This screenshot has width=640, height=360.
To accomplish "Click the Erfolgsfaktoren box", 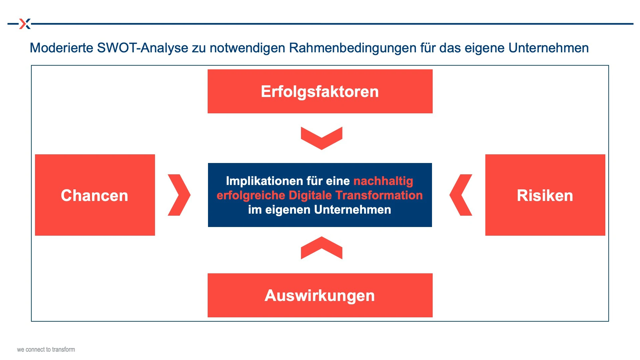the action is tap(320, 91).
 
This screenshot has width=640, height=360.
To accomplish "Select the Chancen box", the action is tap(95, 195).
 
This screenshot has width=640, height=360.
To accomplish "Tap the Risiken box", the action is tap(545, 195).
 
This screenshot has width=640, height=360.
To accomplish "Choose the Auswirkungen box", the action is tap(320, 295).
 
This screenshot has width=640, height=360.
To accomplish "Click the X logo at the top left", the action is tap(25, 24).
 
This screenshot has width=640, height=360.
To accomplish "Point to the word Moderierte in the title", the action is tap(62, 48).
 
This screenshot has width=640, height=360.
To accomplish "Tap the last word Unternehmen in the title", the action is tap(549, 48).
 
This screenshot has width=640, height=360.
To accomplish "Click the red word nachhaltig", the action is tap(383, 181).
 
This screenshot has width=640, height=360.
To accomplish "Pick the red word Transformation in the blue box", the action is tap(379, 195).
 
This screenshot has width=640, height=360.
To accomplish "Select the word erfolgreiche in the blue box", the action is tap(251, 195).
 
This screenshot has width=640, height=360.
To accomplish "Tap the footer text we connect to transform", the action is tap(46, 349).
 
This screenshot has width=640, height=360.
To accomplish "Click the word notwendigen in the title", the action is tap(248, 48).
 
